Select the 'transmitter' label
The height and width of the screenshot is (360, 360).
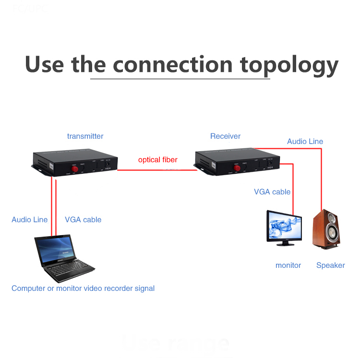pos(85,136)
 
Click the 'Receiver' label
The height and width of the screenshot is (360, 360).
pos(225,136)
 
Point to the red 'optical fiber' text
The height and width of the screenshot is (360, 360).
pos(157,160)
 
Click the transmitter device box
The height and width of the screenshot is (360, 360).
pos(75,164)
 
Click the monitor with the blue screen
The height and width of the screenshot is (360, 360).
pos(285,228)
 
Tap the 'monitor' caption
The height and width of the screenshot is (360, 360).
pos(288,265)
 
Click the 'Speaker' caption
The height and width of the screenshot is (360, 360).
pos(330,265)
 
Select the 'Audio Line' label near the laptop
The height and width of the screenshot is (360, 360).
pos(29,219)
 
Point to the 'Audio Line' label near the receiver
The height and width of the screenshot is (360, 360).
pos(305,141)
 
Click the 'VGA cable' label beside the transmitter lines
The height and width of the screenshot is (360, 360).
pos(83,219)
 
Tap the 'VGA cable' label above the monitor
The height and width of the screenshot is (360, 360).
pos(272,192)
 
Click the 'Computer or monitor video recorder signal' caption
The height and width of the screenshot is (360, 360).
pos(83,288)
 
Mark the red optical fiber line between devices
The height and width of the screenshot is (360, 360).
pos(156,169)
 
